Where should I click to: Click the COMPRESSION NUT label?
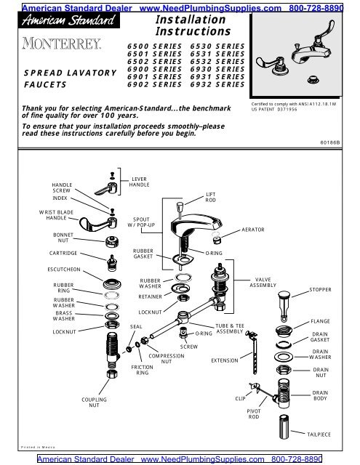point(167,358)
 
